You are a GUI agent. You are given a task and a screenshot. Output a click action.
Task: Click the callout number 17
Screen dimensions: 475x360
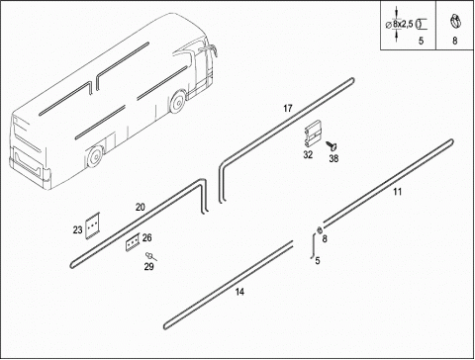point(288,108)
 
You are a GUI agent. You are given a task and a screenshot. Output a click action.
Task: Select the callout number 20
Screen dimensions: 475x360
point(141,208)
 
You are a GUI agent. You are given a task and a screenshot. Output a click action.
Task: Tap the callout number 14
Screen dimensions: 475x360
point(239,292)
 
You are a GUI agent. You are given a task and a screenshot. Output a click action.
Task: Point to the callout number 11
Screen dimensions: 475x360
point(398,192)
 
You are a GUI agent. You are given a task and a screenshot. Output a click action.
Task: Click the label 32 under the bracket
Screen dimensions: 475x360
point(308,154)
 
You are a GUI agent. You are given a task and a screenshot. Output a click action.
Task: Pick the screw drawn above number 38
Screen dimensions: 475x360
point(332,145)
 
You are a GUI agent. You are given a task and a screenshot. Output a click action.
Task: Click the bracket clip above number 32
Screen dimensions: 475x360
point(313,135)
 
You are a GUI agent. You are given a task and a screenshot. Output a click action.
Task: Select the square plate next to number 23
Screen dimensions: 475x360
point(92,225)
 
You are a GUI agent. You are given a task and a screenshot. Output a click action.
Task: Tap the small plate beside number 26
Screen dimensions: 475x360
point(133,242)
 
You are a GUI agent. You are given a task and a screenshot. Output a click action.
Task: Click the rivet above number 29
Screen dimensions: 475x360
point(150,256)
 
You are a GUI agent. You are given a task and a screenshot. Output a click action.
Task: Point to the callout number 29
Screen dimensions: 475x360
point(148,266)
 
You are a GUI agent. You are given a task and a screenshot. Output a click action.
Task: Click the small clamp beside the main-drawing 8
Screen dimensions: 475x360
point(319,230)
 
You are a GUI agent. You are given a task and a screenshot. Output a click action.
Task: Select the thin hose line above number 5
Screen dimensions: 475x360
point(313,246)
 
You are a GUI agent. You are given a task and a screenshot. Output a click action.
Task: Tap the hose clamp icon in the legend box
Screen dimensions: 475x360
point(455,22)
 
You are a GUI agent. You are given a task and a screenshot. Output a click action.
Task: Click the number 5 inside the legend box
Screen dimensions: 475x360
point(421,41)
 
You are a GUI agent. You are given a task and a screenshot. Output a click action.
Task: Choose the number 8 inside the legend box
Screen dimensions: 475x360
point(455,41)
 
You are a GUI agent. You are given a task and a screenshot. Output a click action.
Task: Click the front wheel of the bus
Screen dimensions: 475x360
point(178,102)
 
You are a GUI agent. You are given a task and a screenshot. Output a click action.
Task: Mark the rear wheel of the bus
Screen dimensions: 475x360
point(95,157)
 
